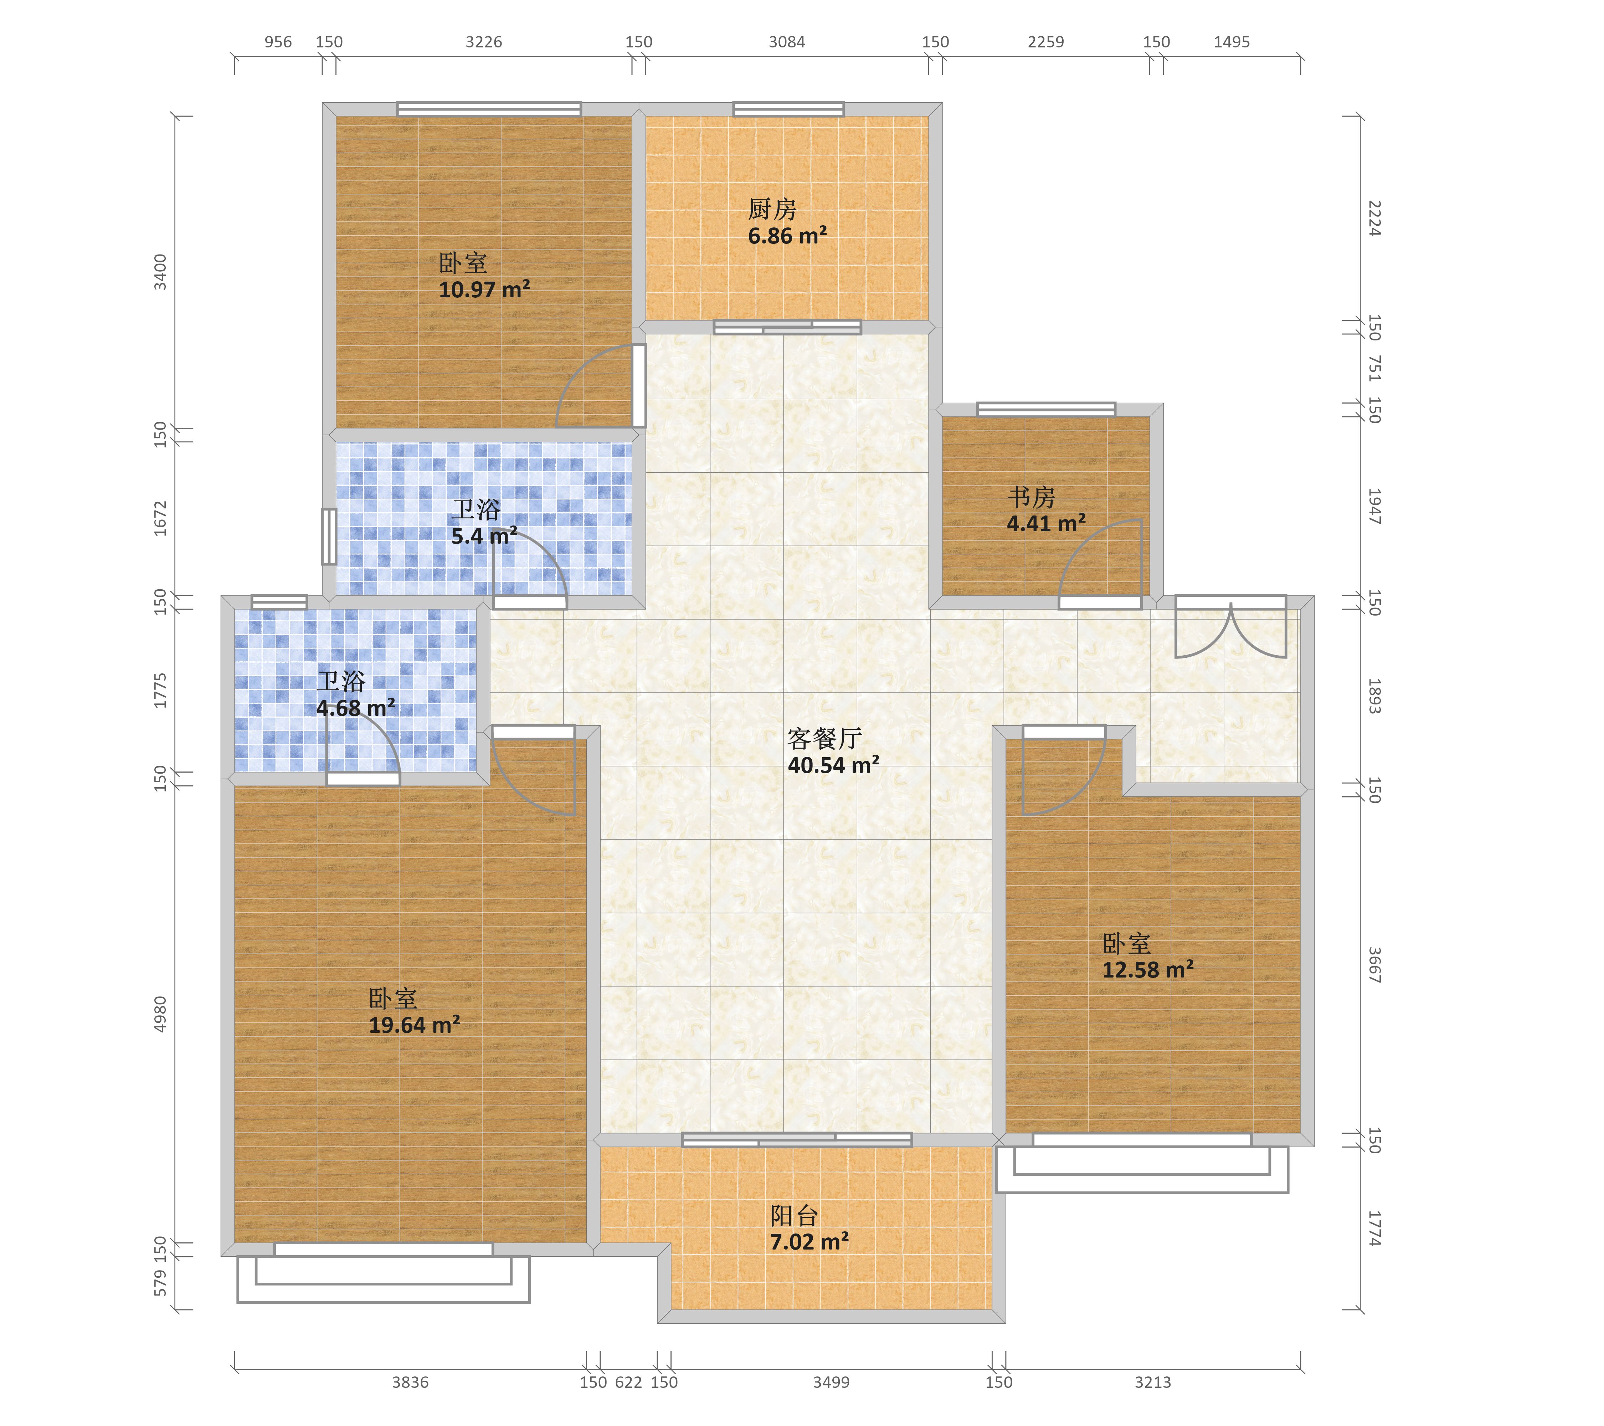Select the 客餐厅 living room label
(x=825, y=739)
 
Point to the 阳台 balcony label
(x=794, y=1216)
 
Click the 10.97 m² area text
(x=484, y=289)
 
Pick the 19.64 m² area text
(x=414, y=1025)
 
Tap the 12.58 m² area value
(x=1148, y=970)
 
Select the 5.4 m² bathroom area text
(x=484, y=536)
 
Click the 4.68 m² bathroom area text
(x=355, y=708)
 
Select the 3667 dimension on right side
(x=1374, y=965)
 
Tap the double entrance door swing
(x=1230, y=628)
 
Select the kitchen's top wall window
(x=789, y=109)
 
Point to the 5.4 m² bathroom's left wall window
(x=329, y=537)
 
